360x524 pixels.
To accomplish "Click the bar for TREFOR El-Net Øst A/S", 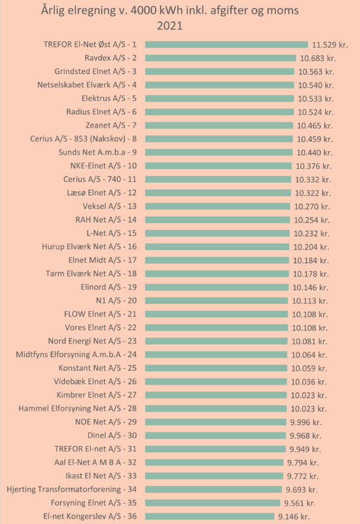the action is [x=226, y=45].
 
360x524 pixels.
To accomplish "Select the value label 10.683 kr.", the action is [x=317, y=58].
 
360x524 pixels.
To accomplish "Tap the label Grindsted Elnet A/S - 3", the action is [x=96, y=71].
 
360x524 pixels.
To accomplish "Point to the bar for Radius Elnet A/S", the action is [x=219, y=112].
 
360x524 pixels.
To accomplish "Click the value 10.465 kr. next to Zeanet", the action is [x=315, y=126].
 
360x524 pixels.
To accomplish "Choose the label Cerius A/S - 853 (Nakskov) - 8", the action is [x=83, y=139].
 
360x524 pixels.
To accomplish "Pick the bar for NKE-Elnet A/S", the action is [x=219, y=166].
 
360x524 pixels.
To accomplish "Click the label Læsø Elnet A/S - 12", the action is [x=101, y=193].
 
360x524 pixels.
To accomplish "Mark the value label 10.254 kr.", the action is [x=312, y=220].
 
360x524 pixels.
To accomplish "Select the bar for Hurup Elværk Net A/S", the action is [x=217, y=247].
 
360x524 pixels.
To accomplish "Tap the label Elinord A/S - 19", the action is [x=109, y=287].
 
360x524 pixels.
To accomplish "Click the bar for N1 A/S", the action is [x=217, y=301].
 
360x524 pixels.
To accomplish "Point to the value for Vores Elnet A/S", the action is [x=310, y=328].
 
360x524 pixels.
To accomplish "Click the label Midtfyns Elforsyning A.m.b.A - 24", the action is [x=76, y=354].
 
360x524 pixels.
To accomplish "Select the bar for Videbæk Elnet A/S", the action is [x=216, y=382].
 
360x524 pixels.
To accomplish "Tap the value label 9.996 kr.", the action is [x=306, y=422].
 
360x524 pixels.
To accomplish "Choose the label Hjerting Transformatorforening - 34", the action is [x=71, y=489].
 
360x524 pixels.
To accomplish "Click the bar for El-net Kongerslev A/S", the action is [x=209, y=516].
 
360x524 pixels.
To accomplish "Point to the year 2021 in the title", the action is [x=170, y=26].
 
